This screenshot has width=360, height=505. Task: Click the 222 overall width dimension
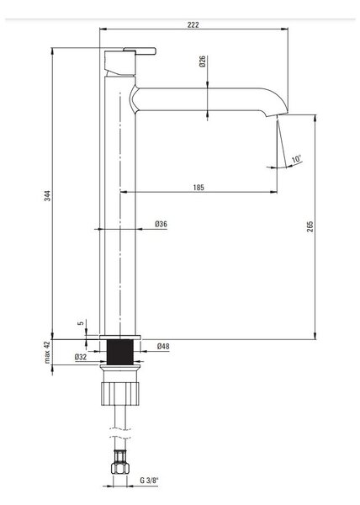[x=193, y=24]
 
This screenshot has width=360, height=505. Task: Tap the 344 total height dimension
[x=47, y=196]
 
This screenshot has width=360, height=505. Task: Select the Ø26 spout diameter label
[x=202, y=61]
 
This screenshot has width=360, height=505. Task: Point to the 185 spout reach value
[x=199, y=188]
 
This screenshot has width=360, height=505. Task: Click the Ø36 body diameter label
[x=161, y=224]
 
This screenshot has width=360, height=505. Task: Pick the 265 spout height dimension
[x=310, y=226]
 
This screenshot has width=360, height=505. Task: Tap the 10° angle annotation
[x=297, y=159]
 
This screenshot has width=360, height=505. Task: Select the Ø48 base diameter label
[x=163, y=347]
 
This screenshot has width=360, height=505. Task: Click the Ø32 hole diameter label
[x=81, y=357]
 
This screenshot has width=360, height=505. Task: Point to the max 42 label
[x=47, y=352]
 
